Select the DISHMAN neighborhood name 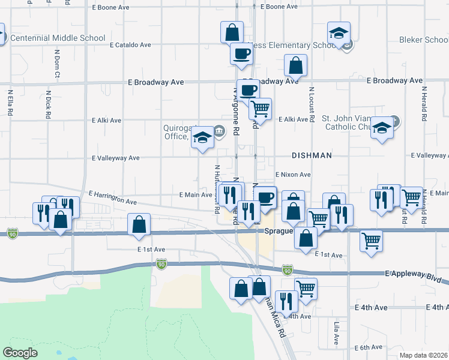pos(312,155)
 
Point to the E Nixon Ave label pos(293,175)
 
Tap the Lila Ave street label pos(337,333)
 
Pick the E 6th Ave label pos(368,347)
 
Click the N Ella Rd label pos(10,103)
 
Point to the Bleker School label pos(423,40)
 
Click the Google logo pos(20,353)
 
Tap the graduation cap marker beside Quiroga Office pos(203,139)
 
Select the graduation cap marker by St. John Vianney pos(381,128)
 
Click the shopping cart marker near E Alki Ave pos(260,109)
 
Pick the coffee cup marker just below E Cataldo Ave pos(241,53)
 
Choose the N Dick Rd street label pos(49,106)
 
